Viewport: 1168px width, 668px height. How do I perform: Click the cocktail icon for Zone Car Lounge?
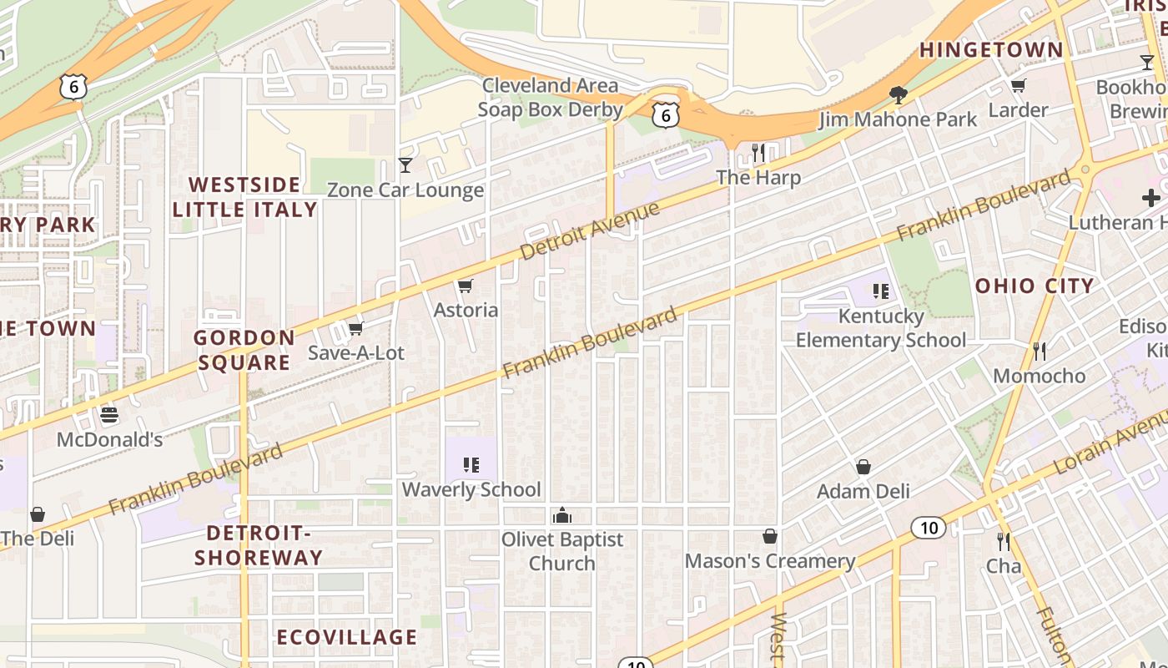pos(405,165)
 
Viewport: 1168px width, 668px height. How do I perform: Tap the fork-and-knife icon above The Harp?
pos(758,153)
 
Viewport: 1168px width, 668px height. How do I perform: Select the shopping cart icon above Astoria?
pos(466,286)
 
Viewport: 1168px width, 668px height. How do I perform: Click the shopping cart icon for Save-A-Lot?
pos(355,328)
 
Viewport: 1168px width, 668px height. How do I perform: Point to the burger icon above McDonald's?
pos(109,415)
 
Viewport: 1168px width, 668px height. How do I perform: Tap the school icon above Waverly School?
pos(471,465)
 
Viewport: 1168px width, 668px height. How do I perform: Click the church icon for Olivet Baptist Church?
pos(562,514)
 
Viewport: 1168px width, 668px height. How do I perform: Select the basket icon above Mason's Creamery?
pos(769,536)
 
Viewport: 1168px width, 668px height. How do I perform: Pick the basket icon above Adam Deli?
pos(863,467)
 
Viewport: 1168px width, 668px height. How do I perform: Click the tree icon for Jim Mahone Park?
pos(898,95)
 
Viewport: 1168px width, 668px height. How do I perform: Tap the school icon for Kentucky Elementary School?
pos(880,291)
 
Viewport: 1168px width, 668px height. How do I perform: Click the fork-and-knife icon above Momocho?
pos(1039,351)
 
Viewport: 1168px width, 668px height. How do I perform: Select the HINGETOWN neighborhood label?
pos(991,50)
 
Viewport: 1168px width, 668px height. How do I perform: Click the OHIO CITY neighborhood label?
pos(1035,286)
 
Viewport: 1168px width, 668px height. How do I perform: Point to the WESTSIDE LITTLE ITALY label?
pos(244,197)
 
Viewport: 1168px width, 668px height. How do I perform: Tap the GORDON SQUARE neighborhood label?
pos(244,350)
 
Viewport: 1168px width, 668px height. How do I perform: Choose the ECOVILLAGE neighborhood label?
pos(346,637)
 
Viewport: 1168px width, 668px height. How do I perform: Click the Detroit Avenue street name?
pos(589,230)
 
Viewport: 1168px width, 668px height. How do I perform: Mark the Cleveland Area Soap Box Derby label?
pos(550,98)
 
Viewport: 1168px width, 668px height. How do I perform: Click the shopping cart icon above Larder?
pos(1018,86)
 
